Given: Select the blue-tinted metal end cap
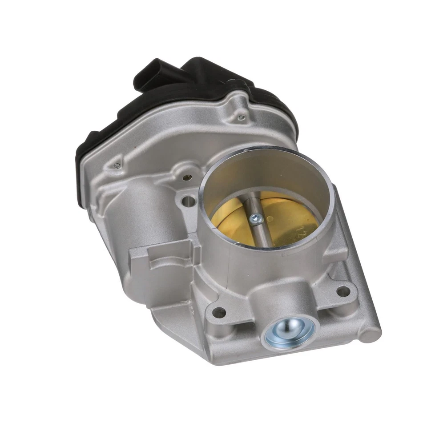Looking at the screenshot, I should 290,333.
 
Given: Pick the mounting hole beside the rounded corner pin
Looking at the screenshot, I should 343,291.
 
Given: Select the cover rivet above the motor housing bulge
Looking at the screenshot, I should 117,165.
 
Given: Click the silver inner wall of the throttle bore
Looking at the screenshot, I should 267,173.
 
